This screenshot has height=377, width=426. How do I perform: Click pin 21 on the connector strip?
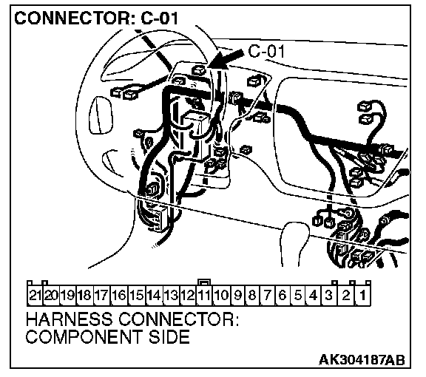(35, 295)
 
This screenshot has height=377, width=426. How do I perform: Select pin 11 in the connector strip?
(204, 295)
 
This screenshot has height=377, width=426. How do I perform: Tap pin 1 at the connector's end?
(362, 295)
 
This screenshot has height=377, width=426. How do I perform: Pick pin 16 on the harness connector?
(120, 295)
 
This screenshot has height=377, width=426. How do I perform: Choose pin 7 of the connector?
(268, 295)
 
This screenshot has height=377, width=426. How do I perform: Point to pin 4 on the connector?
(314, 295)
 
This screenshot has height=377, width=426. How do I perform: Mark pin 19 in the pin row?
(68, 295)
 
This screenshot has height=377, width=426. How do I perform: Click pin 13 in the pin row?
(172, 295)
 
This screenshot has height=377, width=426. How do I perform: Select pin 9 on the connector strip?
(237, 295)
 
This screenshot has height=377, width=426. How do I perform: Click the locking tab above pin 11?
(204, 282)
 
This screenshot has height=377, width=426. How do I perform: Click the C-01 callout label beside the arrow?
(266, 51)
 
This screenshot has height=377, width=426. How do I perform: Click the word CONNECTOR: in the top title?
(72, 18)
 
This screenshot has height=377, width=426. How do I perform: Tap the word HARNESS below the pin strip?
(69, 319)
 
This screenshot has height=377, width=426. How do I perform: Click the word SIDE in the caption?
(169, 337)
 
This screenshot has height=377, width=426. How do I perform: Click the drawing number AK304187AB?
(362, 360)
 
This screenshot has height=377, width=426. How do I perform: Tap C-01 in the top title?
(160, 18)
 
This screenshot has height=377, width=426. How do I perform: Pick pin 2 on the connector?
(346, 295)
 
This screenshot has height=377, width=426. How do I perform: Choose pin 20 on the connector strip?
(51, 295)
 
